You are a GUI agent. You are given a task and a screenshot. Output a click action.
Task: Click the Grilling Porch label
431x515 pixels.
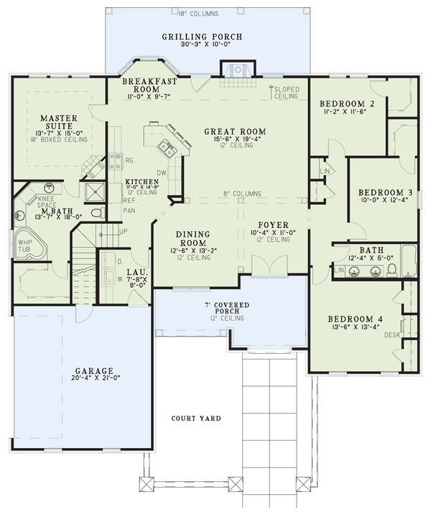(202, 37)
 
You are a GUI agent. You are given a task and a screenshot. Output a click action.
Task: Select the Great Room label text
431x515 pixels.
(235, 132)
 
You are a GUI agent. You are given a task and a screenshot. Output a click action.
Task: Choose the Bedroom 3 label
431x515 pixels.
(385, 193)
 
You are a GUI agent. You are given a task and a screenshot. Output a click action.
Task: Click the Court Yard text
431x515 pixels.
(196, 418)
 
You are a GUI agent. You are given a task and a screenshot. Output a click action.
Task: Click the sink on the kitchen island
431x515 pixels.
(167, 149)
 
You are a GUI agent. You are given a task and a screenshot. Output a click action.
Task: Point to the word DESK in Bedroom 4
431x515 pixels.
(391, 335)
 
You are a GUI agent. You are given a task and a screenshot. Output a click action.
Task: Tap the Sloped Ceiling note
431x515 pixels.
(287, 92)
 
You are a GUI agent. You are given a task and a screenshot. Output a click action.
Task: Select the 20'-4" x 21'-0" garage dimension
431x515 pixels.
(88, 378)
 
